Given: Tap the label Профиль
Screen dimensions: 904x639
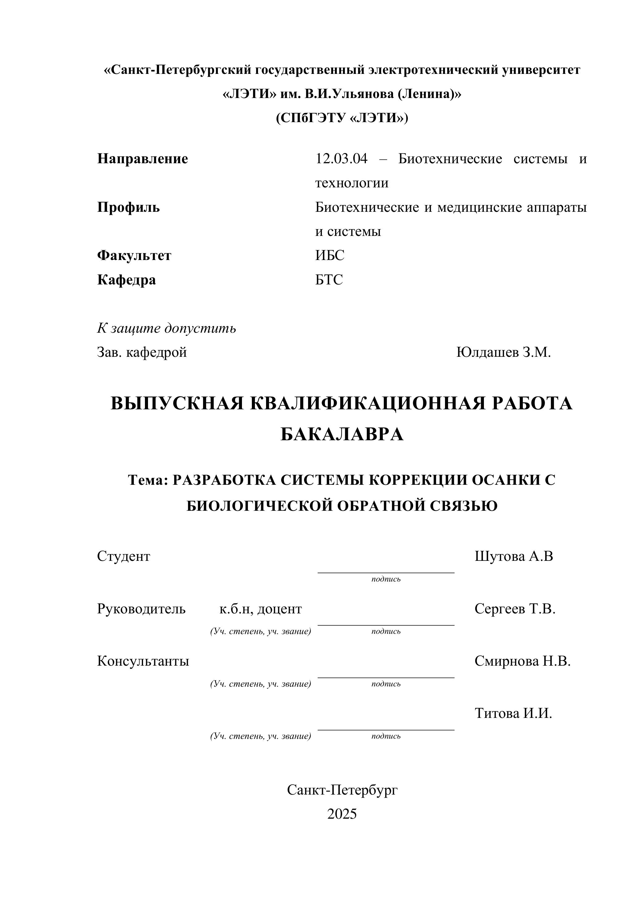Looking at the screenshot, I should click(x=128, y=207).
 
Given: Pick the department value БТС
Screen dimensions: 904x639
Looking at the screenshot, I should click(x=329, y=279).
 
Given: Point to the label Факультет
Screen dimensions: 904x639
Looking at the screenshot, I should click(x=134, y=256).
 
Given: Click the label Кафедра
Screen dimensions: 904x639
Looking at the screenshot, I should click(x=126, y=280).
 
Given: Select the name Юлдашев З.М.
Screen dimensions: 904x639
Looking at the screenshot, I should click(x=503, y=352).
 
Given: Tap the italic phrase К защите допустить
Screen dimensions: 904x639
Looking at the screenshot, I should click(x=167, y=328).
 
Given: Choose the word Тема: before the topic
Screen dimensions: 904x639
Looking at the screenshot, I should click(x=148, y=480).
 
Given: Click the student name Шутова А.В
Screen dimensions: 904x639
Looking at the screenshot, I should click(x=514, y=556).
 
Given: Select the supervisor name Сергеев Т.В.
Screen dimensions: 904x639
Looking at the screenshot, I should click(x=515, y=609).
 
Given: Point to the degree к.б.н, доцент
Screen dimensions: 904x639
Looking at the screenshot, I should click(x=260, y=609).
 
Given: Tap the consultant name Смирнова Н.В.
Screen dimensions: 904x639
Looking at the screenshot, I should click(x=522, y=661).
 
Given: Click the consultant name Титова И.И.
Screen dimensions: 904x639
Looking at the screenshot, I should click(x=513, y=713).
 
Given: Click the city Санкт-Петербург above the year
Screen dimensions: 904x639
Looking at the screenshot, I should click(x=342, y=789).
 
